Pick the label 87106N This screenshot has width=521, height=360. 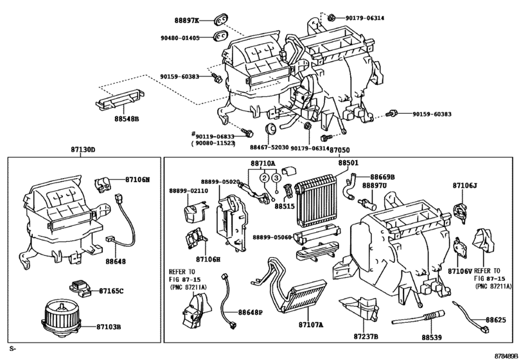coord(137,181)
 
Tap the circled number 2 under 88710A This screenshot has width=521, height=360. coord(264,178)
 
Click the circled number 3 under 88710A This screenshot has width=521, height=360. coord(275,178)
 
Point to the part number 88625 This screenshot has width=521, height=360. coord(495,319)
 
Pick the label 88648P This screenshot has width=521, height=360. coord(251,312)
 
